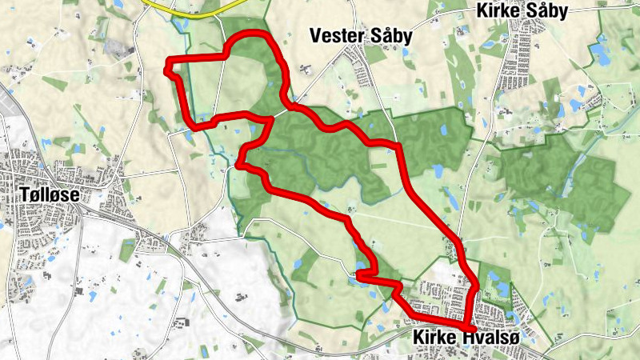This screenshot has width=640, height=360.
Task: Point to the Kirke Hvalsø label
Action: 467,338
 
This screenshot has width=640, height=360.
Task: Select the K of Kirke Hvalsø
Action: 418,338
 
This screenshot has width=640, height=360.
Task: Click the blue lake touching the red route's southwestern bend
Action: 362,268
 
